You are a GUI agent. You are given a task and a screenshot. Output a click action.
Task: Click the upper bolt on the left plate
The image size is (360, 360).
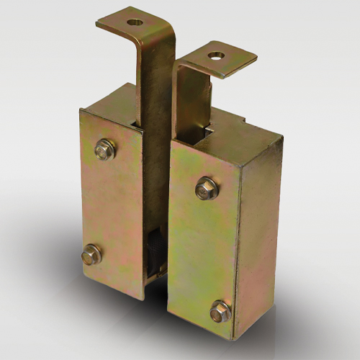pos(105,150)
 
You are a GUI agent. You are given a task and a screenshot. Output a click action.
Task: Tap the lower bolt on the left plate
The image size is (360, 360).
pos(91,253)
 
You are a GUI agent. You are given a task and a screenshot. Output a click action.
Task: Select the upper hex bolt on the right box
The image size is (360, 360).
pos(207,189)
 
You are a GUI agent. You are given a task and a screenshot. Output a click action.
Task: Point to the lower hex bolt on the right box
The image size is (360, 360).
pos(221,312)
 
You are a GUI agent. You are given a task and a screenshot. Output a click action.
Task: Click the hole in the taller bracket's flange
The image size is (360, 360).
pos(134,22)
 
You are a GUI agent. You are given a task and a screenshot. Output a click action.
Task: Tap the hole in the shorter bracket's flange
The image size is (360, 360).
pos(215,55)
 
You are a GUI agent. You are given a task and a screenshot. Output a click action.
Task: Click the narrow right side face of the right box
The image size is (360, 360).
pos(258,238)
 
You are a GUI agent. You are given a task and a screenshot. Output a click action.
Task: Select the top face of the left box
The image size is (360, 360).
pos(108,101)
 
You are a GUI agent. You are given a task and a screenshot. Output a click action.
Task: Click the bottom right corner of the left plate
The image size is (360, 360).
pos(144,300)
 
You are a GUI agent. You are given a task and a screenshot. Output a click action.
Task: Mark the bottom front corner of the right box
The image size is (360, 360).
pos(233,339)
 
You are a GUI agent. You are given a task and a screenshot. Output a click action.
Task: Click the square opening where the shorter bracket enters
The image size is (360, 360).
pos(206,134)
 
